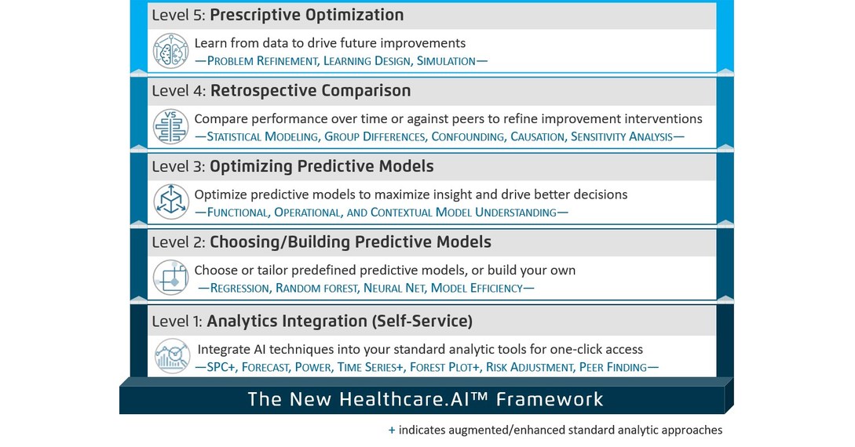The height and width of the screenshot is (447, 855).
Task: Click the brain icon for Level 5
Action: [171, 51]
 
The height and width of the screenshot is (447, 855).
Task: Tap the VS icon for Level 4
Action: [171, 125]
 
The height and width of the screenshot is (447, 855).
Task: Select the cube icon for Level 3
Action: [171, 202]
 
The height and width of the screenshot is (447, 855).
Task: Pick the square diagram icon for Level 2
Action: [171, 277]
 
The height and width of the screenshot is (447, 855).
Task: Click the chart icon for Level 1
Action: [171, 354]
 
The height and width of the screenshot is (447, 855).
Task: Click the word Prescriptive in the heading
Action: [265, 15]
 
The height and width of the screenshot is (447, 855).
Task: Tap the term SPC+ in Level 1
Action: [221, 366]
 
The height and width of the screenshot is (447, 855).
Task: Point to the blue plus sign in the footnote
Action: [392, 430]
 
